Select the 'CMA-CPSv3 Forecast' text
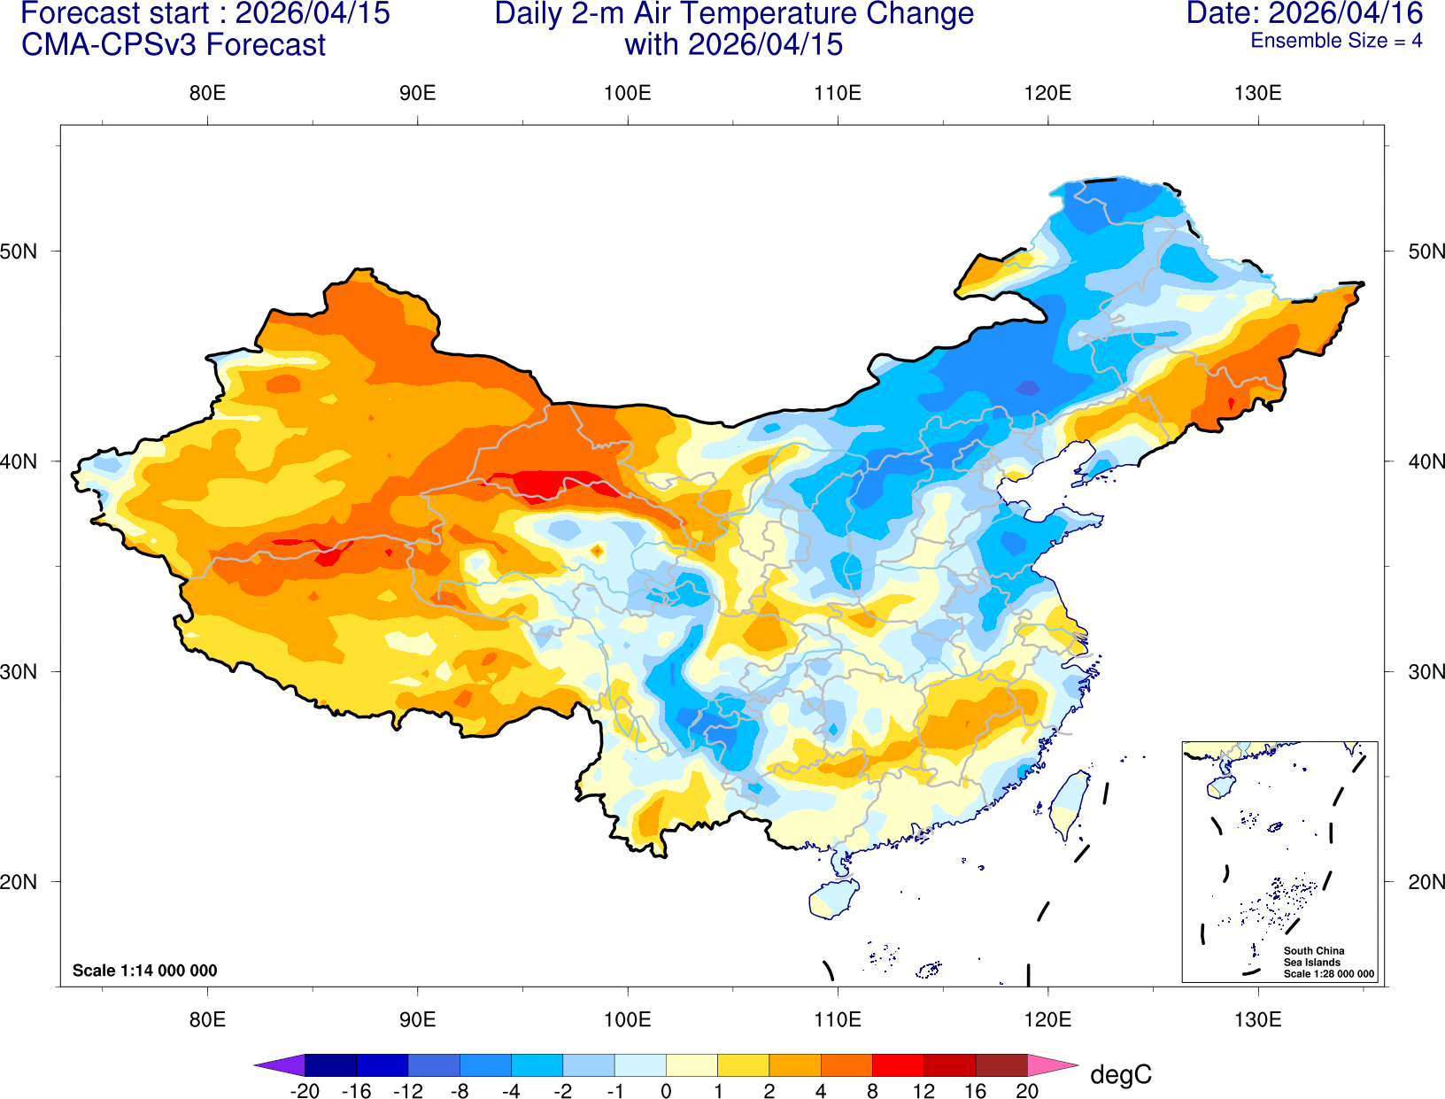(174, 45)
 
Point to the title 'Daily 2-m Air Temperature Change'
(734, 14)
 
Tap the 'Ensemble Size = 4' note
(1336, 41)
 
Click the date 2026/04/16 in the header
(1346, 14)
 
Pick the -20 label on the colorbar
(305, 1091)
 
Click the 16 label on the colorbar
(975, 1091)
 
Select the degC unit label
(1121, 1075)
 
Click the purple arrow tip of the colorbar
(279, 1065)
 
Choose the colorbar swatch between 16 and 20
(1001, 1065)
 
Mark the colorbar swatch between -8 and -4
(485, 1065)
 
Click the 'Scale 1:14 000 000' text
(144, 971)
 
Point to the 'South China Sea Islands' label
(1313, 956)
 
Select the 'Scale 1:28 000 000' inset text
(1329, 974)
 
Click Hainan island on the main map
(833, 899)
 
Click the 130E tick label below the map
(1257, 1019)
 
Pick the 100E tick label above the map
(627, 93)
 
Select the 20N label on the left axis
(19, 882)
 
